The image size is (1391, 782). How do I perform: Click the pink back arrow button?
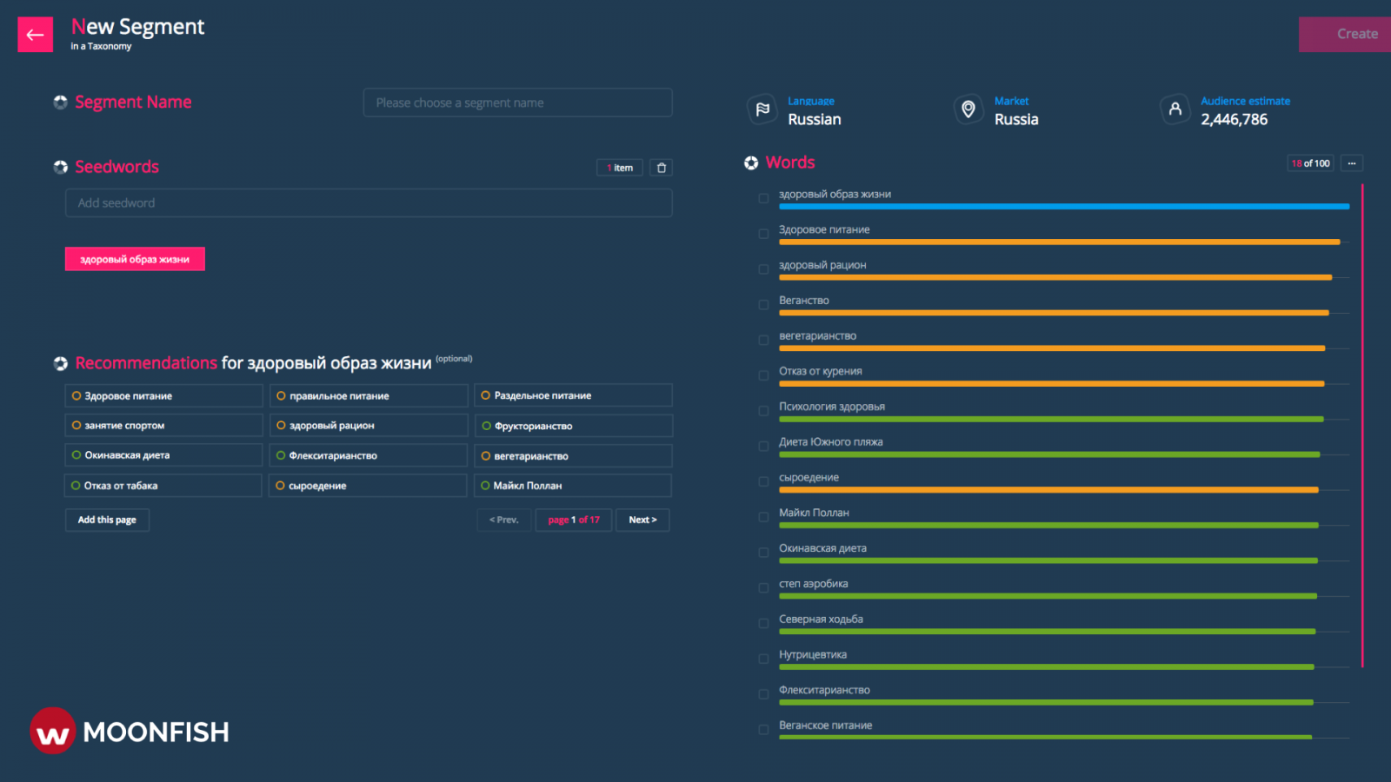point(35,35)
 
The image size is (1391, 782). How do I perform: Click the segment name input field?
point(517,103)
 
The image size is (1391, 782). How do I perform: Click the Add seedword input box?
point(368,203)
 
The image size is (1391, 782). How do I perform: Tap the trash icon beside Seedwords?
point(662,168)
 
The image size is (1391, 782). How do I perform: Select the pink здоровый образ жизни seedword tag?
point(135,259)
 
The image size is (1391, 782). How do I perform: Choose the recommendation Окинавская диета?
point(163,455)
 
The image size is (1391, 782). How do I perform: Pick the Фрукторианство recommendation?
point(573,426)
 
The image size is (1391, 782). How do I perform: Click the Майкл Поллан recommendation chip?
point(572,486)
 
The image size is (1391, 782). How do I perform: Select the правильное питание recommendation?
point(368,396)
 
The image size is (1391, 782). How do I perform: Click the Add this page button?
point(107,520)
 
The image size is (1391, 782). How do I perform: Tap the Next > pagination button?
point(642,520)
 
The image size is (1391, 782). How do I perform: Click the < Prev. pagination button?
point(503,520)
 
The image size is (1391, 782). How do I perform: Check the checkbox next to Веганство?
point(763,305)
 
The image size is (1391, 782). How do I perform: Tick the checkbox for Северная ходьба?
point(763,624)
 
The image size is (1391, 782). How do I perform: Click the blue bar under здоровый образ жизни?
point(1063,207)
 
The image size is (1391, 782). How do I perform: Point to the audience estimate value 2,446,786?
point(1234,120)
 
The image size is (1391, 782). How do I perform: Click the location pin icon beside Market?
point(968,109)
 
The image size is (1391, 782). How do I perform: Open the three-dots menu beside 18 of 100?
point(1351,163)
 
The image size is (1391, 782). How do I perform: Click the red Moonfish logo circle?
point(53,732)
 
